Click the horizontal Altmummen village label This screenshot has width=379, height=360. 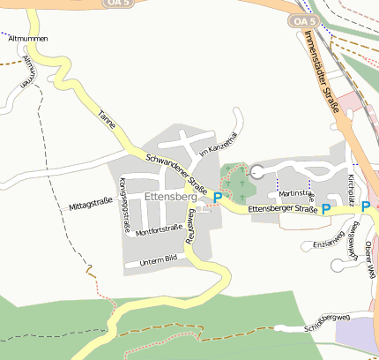click(26, 40)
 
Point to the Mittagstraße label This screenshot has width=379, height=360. click(90, 206)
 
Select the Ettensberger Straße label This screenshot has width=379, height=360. click(282, 209)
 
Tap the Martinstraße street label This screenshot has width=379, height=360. click(296, 192)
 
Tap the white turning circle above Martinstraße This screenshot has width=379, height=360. click(257, 172)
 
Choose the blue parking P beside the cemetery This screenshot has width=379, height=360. click(218, 197)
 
